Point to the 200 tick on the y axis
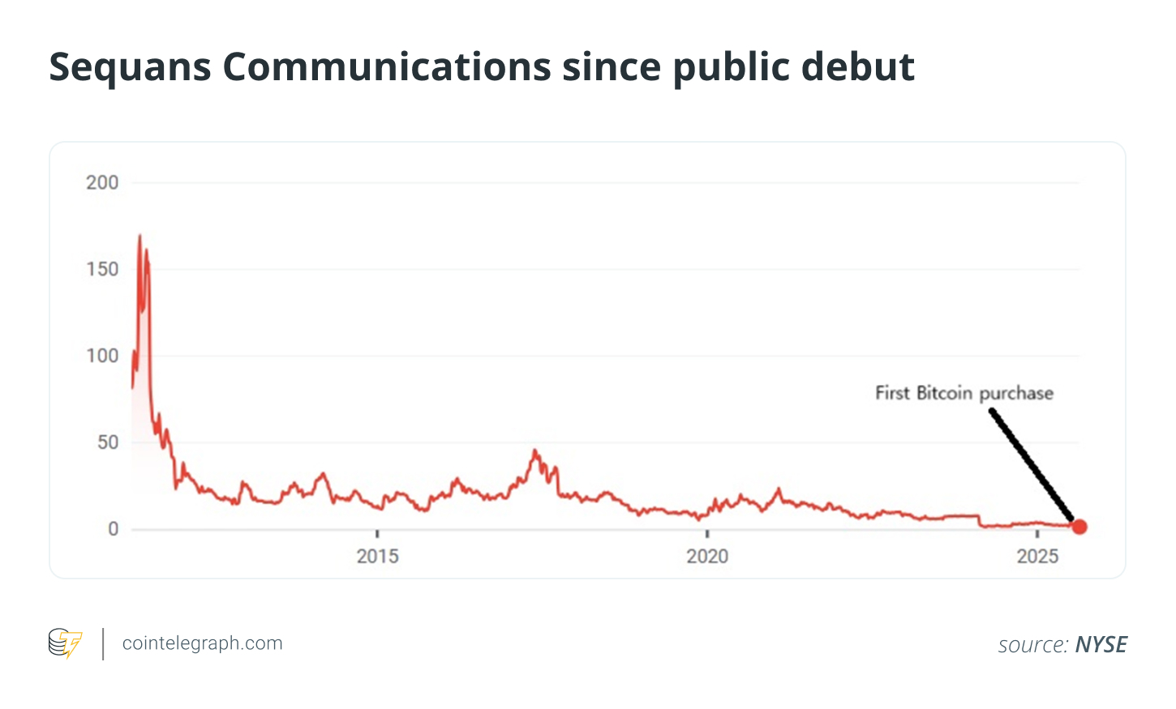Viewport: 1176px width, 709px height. click(102, 183)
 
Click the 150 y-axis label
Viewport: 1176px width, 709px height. click(102, 269)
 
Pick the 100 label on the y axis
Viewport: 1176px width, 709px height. click(102, 356)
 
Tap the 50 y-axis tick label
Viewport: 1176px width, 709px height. click(108, 442)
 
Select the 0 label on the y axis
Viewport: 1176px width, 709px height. click(114, 529)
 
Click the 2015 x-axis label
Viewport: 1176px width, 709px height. click(377, 557)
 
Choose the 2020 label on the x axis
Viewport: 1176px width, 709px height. click(707, 557)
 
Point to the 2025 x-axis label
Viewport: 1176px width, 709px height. click(1037, 557)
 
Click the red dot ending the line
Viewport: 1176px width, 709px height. click(1079, 527)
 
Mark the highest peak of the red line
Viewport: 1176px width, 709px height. click(139, 236)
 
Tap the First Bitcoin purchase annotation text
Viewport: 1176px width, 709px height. click(964, 394)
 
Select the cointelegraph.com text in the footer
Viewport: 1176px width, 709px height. click(202, 643)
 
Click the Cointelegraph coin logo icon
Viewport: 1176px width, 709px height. click(65, 643)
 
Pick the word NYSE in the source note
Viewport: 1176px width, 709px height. click(1101, 645)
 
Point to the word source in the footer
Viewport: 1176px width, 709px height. click(1032, 645)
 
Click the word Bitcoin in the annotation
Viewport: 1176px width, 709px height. click(944, 394)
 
